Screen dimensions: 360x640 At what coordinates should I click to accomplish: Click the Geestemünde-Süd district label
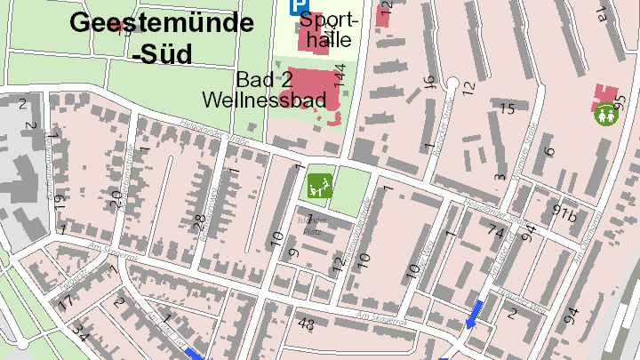(x=155, y=37)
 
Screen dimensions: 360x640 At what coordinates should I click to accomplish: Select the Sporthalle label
(x=331, y=29)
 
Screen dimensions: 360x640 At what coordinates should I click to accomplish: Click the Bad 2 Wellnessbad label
(x=264, y=89)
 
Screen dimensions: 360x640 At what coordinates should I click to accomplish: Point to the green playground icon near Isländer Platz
(x=318, y=186)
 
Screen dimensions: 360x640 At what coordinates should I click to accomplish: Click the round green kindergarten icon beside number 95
(x=606, y=114)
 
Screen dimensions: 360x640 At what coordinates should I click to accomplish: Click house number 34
(x=80, y=334)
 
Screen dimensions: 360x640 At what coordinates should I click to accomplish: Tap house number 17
(x=65, y=302)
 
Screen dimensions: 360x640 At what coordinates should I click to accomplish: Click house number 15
(x=507, y=108)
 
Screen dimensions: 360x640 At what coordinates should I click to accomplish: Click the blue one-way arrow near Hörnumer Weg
(x=476, y=313)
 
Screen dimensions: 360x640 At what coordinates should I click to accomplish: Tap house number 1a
(x=604, y=14)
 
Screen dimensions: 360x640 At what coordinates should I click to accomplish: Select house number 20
(x=114, y=198)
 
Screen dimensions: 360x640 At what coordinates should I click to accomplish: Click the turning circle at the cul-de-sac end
(x=452, y=84)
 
